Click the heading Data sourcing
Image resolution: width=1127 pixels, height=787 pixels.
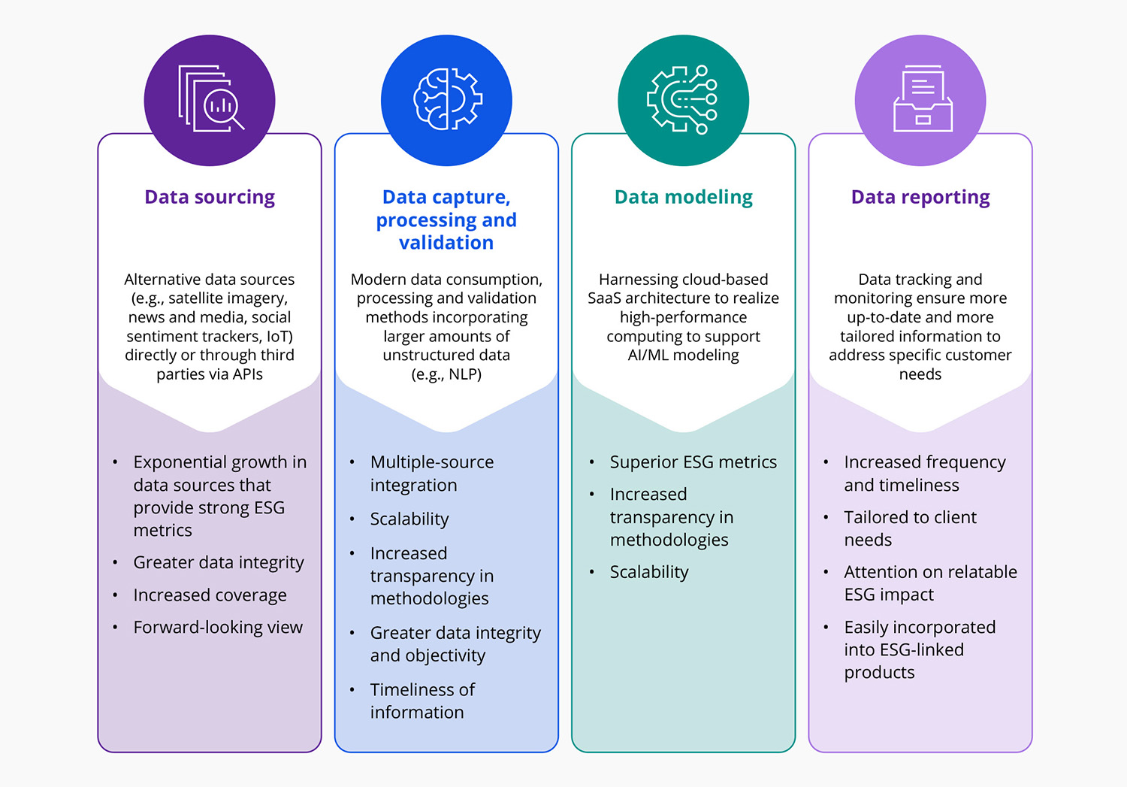pyautogui.click(x=210, y=197)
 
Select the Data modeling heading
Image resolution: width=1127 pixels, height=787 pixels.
pyautogui.click(x=683, y=197)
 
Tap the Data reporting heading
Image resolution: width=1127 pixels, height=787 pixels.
pyautogui.click(x=920, y=197)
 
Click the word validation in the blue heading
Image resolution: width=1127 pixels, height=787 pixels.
pyautogui.click(x=446, y=243)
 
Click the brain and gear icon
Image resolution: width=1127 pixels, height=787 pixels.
pyautogui.click(x=447, y=100)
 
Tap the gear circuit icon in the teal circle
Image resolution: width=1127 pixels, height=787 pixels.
pyautogui.click(x=682, y=100)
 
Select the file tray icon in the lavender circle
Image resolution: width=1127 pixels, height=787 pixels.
pyautogui.click(x=923, y=100)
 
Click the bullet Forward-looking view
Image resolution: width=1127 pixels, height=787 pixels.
pyautogui.click(x=218, y=627)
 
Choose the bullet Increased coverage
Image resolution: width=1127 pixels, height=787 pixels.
pyautogui.click(x=210, y=595)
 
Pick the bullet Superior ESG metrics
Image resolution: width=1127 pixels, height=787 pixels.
pyautogui.click(x=693, y=462)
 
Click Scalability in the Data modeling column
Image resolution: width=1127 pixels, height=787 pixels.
pyautogui.click(x=649, y=572)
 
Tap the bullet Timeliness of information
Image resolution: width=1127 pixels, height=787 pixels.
pyautogui.click(x=422, y=701)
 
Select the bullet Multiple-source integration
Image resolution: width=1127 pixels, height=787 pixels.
pyautogui.click(x=431, y=474)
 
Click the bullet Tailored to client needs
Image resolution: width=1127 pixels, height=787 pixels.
pyautogui.click(x=909, y=528)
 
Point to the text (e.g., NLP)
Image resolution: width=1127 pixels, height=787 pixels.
pyautogui.click(x=446, y=374)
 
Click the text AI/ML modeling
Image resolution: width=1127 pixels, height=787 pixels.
pyautogui.click(x=683, y=355)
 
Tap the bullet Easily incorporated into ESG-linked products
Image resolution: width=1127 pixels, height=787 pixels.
pyautogui.click(x=919, y=649)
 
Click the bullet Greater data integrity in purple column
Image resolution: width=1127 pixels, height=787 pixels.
pyautogui.click(x=218, y=562)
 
